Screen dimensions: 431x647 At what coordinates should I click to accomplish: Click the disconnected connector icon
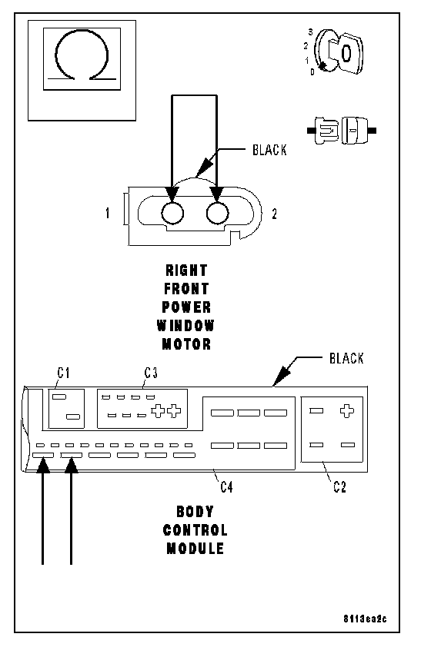[x=341, y=131]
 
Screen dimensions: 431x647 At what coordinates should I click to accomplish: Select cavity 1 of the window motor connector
[x=172, y=214]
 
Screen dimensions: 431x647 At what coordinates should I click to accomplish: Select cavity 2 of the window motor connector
[x=217, y=214]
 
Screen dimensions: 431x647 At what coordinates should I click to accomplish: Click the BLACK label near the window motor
[x=269, y=150]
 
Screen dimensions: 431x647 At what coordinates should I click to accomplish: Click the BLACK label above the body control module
[x=346, y=358]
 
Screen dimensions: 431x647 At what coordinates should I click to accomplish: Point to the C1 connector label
[x=63, y=373]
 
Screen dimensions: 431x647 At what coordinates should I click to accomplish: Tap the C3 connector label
[x=151, y=373]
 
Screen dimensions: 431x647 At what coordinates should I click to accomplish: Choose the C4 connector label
[x=226, y=487]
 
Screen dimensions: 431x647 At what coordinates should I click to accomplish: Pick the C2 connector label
[x=339, y=487]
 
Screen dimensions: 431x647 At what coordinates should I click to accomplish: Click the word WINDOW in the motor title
[x=185, y=326]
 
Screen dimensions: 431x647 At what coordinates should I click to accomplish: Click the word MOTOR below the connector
[x=186, y=343]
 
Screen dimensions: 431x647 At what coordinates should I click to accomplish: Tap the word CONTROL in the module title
[x=195, y=530]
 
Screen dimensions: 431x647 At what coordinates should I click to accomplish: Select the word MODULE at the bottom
[x=195, y=549]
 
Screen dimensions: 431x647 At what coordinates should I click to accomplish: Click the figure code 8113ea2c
[x=365, y=619]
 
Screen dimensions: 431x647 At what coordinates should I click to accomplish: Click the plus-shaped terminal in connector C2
[x=346, y=411]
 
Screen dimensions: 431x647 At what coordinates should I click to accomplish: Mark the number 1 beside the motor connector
[x=108, y=214]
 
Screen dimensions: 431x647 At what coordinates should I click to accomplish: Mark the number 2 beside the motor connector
[x=274, y=214]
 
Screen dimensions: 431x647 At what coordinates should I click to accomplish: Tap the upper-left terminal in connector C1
[x=59, y=397]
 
